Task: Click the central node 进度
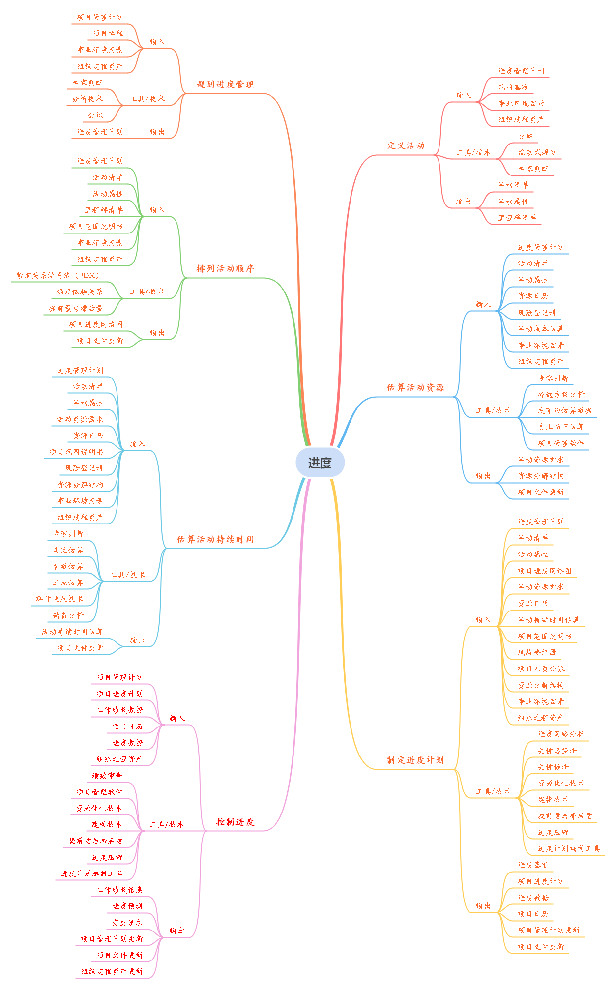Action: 320,463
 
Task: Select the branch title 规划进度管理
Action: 225,85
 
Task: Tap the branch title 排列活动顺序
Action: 225,269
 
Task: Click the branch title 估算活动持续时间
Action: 215,540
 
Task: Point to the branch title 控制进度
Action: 235,822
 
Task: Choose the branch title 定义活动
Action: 406,146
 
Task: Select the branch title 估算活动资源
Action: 415,388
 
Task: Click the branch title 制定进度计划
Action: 415,760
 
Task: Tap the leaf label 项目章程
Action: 108,34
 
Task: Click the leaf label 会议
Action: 96,116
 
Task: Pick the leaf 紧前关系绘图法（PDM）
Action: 58,276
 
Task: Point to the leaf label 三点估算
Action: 68,583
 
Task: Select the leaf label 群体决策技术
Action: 59,599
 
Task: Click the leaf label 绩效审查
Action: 107,776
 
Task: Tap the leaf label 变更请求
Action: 127,923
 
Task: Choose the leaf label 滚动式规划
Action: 537,153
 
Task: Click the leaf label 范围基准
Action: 513,87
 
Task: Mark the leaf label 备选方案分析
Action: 561,395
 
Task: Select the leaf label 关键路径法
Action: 557,751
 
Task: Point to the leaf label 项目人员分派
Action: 541,669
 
